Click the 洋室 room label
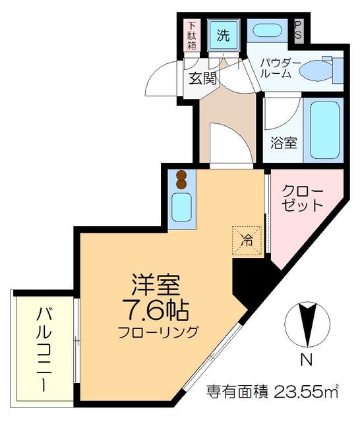tap(156, 285)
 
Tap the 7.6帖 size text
tap(156, 309)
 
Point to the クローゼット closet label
tap(303, 198)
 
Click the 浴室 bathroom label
tap(283, 142)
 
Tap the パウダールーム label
tap(280, 69)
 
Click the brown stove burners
tap(182, 178)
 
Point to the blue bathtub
tap(323, 131)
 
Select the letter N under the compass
tap(305, 361)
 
